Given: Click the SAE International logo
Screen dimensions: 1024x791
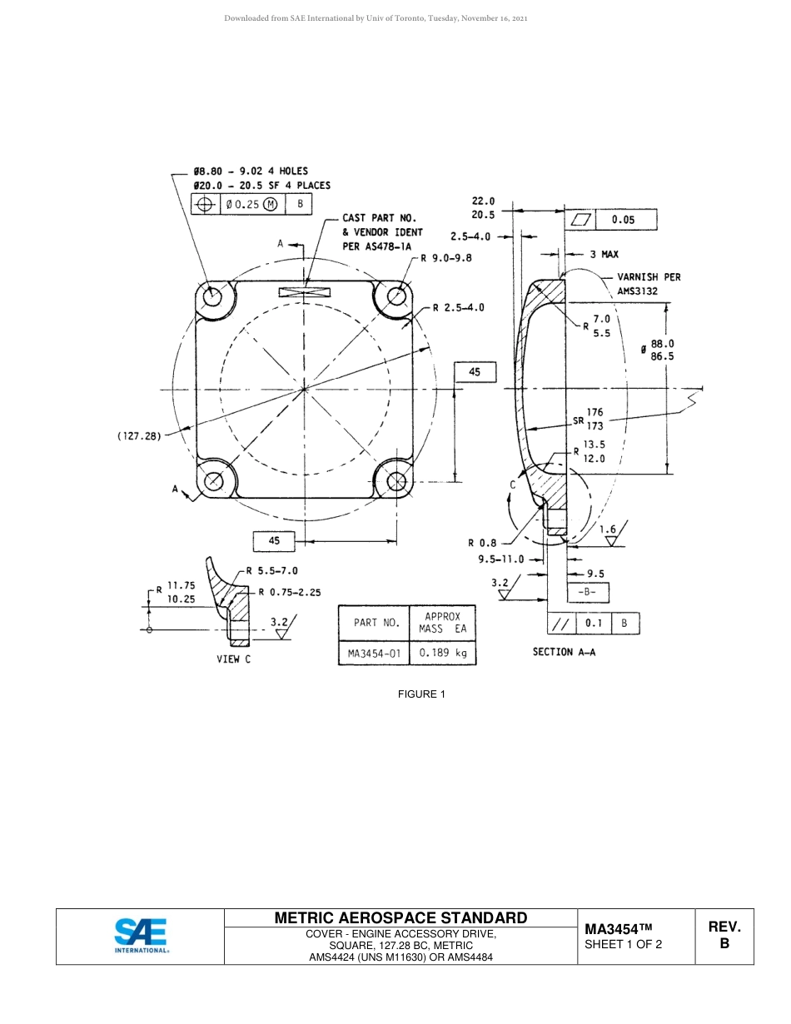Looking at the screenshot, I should click(141, 936).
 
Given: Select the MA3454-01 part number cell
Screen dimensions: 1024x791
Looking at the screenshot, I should click(373, 654).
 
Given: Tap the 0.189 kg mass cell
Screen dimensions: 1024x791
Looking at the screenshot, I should click(442, 654).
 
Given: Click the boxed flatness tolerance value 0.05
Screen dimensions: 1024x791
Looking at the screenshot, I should click(622, 220).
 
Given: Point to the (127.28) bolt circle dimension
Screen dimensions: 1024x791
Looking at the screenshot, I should click(139, 435).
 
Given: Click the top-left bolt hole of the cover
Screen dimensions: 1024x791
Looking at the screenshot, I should click(213, 296).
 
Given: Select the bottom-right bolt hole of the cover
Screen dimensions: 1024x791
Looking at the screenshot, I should click(396, 481).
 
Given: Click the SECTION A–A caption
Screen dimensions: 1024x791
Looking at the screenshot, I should click(564, 652).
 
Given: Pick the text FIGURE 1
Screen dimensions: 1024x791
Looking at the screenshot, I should click(421, 693).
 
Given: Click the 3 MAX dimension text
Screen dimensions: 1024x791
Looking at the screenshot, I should click(604, 254).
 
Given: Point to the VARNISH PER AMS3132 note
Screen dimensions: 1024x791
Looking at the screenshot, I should click(648, 284).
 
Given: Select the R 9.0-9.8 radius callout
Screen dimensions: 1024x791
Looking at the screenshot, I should click(445, 258).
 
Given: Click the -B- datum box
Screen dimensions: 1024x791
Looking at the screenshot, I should click(587, 593).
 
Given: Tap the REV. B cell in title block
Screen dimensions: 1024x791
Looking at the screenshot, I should click(724, 936).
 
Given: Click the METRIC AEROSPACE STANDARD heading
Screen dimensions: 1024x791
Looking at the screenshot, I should click(400, 917).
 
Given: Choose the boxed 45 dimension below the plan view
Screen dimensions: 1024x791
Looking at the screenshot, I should click(274, 541).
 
